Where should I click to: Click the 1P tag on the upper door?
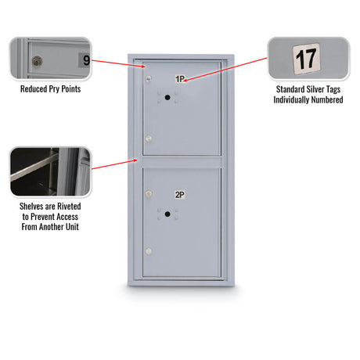(x=180, y=78)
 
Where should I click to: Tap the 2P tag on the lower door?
(x=180, y=195)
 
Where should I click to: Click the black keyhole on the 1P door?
(x=167, y=98)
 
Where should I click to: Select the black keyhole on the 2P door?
(x=167, y=214)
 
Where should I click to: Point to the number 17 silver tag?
(x=306, y=59)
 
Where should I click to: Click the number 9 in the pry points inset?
(x=86, y=60)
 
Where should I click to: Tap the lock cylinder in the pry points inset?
(x=37, y=61)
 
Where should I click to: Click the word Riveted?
(x=69, y=207)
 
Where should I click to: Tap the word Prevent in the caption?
(x=42, y=217)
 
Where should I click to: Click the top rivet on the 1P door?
(x=149, y=78)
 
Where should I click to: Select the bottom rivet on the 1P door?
(x=149, y=139)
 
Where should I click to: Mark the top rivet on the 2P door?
(x=149, y=193)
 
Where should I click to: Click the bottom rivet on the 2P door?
(x=149, y=251)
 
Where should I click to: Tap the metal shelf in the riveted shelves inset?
(x=34, y=168)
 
